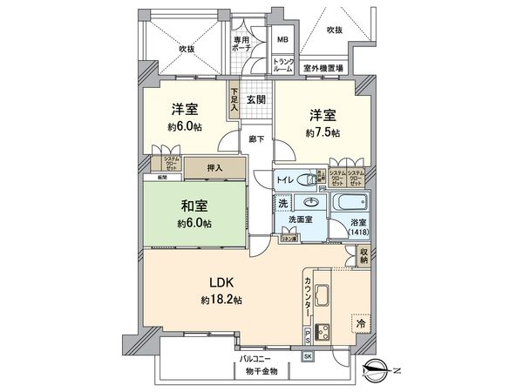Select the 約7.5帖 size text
click(x=323, y=132)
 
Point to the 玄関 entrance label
click(x=255, y=100)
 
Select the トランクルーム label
click(x=283, y=65)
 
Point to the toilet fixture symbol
click(x=306, y=180)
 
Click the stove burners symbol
click(x=321, y=332)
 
